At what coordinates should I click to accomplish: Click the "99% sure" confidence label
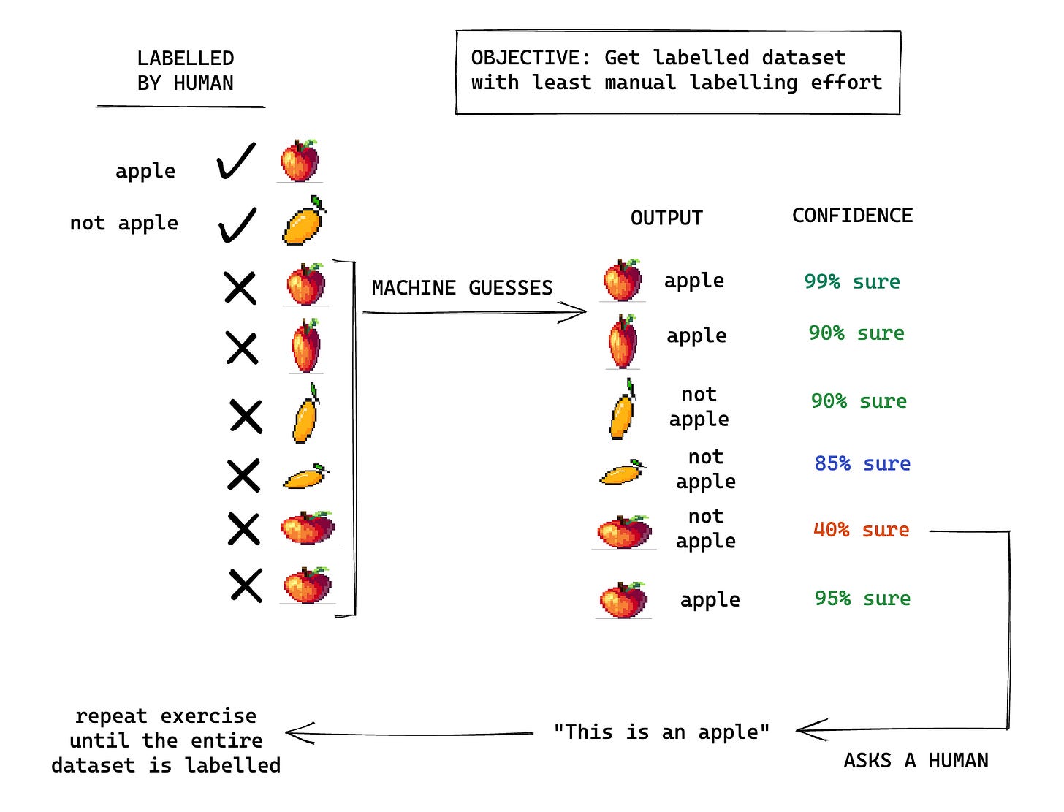[852, 281]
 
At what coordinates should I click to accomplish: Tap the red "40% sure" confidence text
[861, 530]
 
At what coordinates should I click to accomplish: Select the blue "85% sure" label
[862, 463]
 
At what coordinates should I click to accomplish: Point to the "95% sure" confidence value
[862, 599]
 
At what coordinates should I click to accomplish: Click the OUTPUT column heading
[666, 218]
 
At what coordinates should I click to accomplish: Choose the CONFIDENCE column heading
[852, 216]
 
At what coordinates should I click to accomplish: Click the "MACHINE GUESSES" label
[462, 288]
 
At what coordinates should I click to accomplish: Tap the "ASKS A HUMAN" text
[916, 761]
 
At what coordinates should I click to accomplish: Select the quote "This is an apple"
[661, 732]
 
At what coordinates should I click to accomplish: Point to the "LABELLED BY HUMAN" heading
[185, 71]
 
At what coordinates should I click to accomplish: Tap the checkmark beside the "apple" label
[237, 161]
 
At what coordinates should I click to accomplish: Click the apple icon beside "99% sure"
[623, 281]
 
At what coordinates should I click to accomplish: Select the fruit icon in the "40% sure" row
[624, 531]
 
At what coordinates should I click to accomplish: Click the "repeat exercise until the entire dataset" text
[166, 740]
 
